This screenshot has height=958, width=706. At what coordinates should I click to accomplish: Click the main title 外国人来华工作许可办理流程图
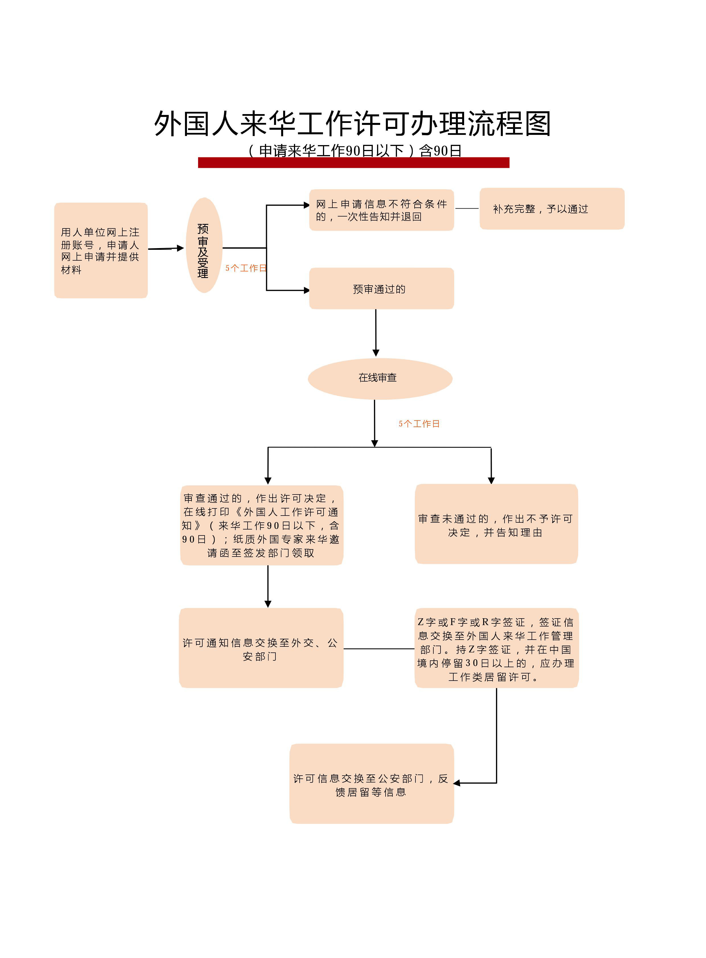point(353,124)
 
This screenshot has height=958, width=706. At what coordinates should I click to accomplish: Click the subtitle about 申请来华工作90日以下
point(355,151)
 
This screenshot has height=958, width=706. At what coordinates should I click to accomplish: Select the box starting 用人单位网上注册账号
point(101,250)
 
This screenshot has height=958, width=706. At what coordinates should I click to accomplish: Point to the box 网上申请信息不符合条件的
point(381,210)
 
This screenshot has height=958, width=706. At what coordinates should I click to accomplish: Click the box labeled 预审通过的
point(381,289)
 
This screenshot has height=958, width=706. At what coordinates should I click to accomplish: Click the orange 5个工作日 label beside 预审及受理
point(246,268)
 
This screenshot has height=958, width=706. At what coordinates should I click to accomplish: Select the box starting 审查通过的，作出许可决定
point(262,525)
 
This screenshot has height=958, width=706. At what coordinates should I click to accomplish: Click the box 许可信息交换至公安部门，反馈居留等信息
point(371,784)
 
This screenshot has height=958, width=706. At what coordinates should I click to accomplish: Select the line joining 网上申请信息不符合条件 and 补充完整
point(467,209)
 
